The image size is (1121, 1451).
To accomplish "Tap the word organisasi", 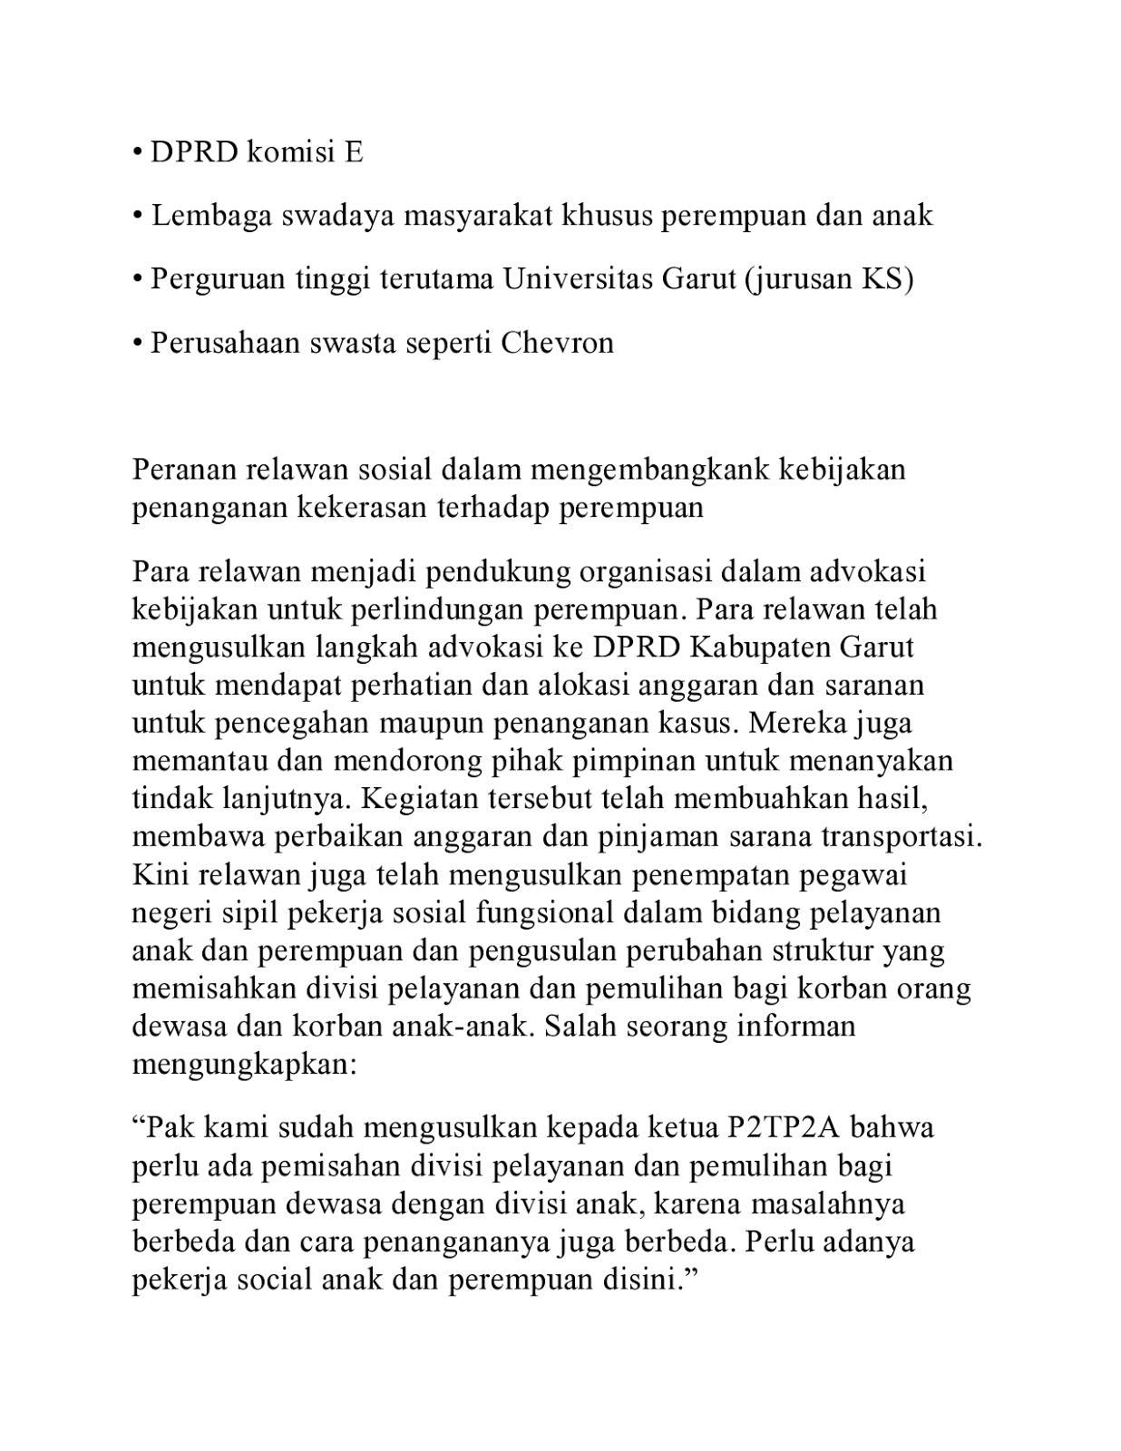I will pyautogui.click(x=662, y=572).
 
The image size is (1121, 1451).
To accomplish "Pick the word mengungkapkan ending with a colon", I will pyautogui.click(x=245, y=1064).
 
